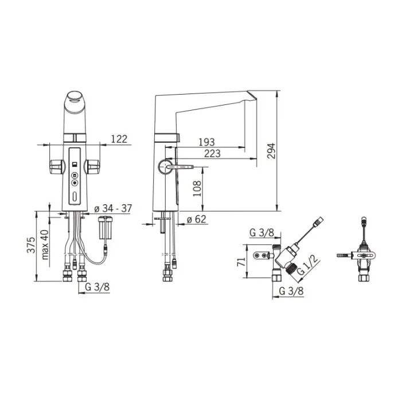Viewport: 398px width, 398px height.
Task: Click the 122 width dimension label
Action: point(119,139)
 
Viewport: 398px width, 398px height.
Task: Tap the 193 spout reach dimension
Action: point(206,142)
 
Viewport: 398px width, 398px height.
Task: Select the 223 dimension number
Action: point(212,153)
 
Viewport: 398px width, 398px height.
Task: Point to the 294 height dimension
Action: point(271,151)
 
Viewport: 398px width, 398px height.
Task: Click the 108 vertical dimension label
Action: point(197,188)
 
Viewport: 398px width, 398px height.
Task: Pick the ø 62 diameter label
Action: point(197,219)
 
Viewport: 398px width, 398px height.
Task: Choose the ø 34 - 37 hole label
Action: point(113,208)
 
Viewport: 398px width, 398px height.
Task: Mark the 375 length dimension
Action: point(32,245)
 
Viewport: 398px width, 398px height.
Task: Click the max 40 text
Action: point(45,245)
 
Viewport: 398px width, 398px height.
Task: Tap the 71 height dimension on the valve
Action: point(241,262)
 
